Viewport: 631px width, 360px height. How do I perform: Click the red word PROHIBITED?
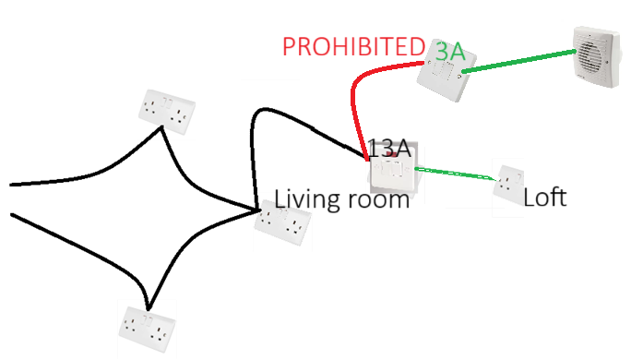353,47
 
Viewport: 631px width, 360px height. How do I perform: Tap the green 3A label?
450,52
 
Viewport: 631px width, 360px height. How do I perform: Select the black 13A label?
389,149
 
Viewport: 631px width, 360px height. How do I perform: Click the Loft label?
545,197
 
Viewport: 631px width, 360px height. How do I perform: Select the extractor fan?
596,56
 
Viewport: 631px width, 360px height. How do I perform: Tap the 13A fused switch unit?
395,169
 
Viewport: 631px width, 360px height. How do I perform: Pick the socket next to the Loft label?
508,185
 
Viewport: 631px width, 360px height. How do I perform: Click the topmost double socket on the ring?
167,112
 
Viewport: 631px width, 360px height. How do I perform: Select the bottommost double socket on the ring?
148,330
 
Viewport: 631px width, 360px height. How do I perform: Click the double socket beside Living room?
283,222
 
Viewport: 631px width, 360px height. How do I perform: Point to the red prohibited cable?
356,87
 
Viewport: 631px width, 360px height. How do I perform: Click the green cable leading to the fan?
519,61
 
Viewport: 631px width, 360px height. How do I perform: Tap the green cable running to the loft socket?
456,174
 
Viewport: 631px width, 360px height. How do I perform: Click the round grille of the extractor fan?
590,57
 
